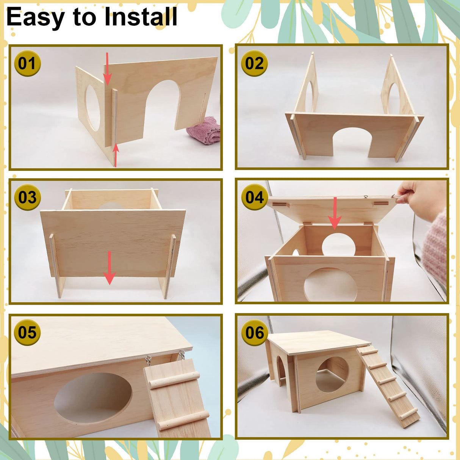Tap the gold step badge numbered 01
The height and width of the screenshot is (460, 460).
[27, 63]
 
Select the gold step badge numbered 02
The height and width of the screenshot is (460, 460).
[254, 63]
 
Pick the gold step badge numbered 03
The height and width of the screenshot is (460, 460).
[27, 197]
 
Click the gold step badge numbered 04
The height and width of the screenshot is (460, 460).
[254, 197]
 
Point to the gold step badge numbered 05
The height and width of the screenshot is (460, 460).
[27, 332]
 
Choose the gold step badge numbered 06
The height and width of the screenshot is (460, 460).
[254, 333]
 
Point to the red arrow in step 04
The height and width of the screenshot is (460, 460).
[335, 214]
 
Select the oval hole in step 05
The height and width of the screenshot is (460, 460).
[93, 398]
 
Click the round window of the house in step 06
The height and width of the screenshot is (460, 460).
[333, 374]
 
